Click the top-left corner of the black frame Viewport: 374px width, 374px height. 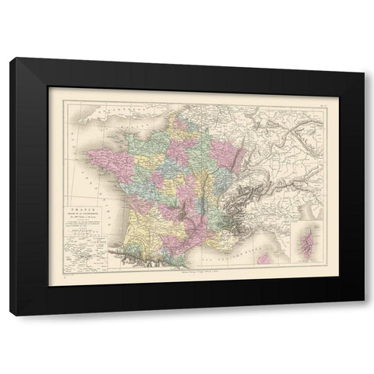pos(16,59)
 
